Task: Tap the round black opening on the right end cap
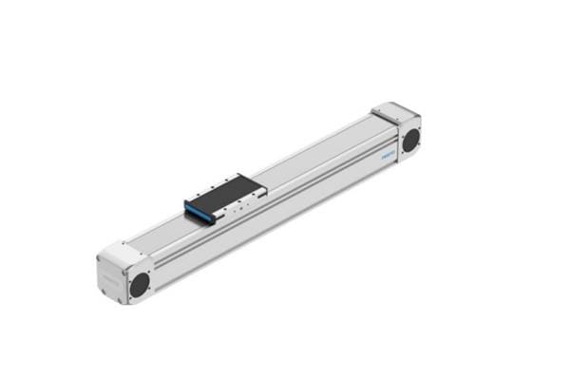[x=411, y=140]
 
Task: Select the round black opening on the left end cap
[x=139, y=282]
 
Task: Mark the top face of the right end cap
[x=392, y=112]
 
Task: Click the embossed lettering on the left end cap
[x=110, y=276]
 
